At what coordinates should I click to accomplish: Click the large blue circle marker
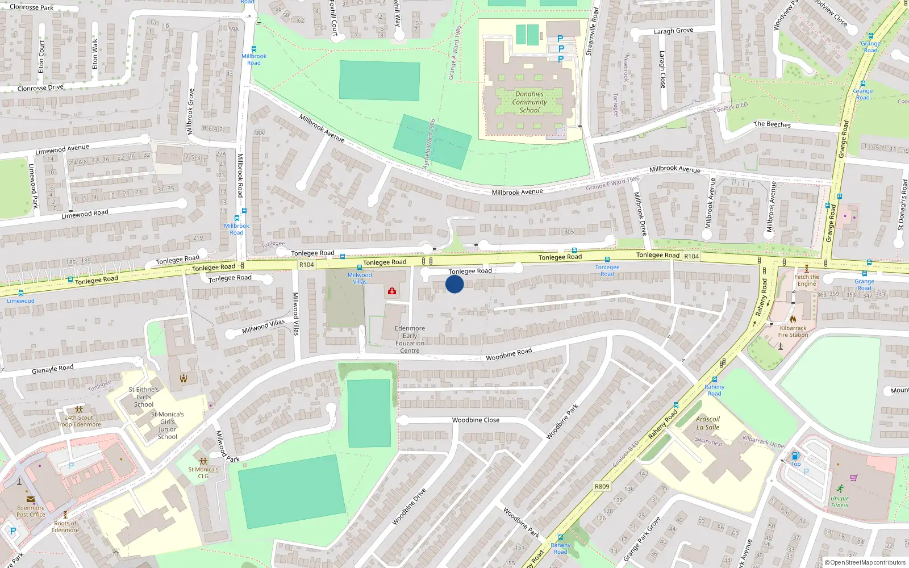454,284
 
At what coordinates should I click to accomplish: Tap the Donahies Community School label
529,102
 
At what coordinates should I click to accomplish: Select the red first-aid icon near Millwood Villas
392,291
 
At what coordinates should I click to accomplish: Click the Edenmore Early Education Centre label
410,340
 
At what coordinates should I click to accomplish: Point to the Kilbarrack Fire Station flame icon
793,319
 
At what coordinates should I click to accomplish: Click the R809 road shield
602,486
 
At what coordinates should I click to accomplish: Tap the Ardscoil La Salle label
708,423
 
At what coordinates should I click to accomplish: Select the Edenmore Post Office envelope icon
31,500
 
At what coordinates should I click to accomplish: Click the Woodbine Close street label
476,420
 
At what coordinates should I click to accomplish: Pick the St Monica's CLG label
203,473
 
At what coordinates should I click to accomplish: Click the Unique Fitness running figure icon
840,488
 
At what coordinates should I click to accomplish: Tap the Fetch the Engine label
807,281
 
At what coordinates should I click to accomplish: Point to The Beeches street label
772,124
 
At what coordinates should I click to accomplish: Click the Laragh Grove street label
673,31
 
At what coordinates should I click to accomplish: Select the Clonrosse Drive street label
40,88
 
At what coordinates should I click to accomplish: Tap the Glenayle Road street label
53,369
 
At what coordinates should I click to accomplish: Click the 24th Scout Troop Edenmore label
79,421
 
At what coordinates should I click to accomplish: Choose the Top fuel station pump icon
796,456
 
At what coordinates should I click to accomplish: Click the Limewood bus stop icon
21,294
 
